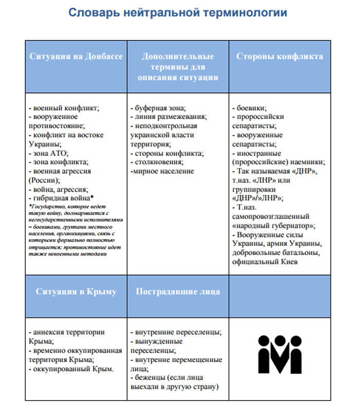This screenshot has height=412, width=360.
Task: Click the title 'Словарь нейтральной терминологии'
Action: point(178,13)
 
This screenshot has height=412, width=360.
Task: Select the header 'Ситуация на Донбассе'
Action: point(76,57)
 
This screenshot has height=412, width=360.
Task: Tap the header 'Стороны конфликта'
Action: point(279,57)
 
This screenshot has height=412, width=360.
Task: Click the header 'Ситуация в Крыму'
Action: point(76,292)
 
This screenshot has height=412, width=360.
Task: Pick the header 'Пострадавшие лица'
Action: point(177,292)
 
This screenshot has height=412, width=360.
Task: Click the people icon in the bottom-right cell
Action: point(280,354)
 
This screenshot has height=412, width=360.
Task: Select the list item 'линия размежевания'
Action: point(170,117)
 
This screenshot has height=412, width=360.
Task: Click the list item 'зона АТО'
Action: point(51,153)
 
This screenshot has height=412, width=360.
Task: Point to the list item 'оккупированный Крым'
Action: point(73,369)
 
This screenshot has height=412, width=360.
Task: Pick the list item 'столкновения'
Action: point(160,162)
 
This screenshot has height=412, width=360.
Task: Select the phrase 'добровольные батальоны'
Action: point(277,253)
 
